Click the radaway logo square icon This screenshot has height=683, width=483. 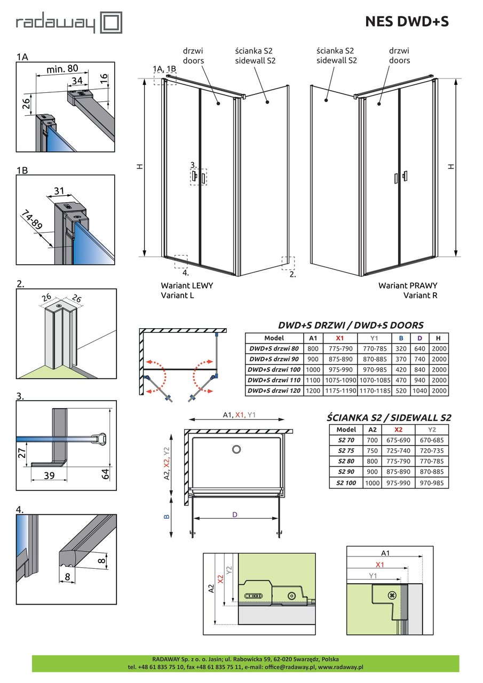coord(112,23)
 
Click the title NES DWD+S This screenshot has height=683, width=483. coord(407,21)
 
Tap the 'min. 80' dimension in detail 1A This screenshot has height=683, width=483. coord(62,68)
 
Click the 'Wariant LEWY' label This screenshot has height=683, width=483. coord(187,285)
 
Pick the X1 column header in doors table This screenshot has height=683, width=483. coord(339,338)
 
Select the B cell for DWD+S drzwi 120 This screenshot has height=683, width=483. coord(401,391)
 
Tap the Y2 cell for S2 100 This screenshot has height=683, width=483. coord(432,483)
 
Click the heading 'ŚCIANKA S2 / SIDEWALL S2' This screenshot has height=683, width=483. coord(389,417)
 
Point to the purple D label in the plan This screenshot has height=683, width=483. coord(234,514)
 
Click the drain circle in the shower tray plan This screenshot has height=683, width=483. coord(236,450)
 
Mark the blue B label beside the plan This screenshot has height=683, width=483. coord(167,517)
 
